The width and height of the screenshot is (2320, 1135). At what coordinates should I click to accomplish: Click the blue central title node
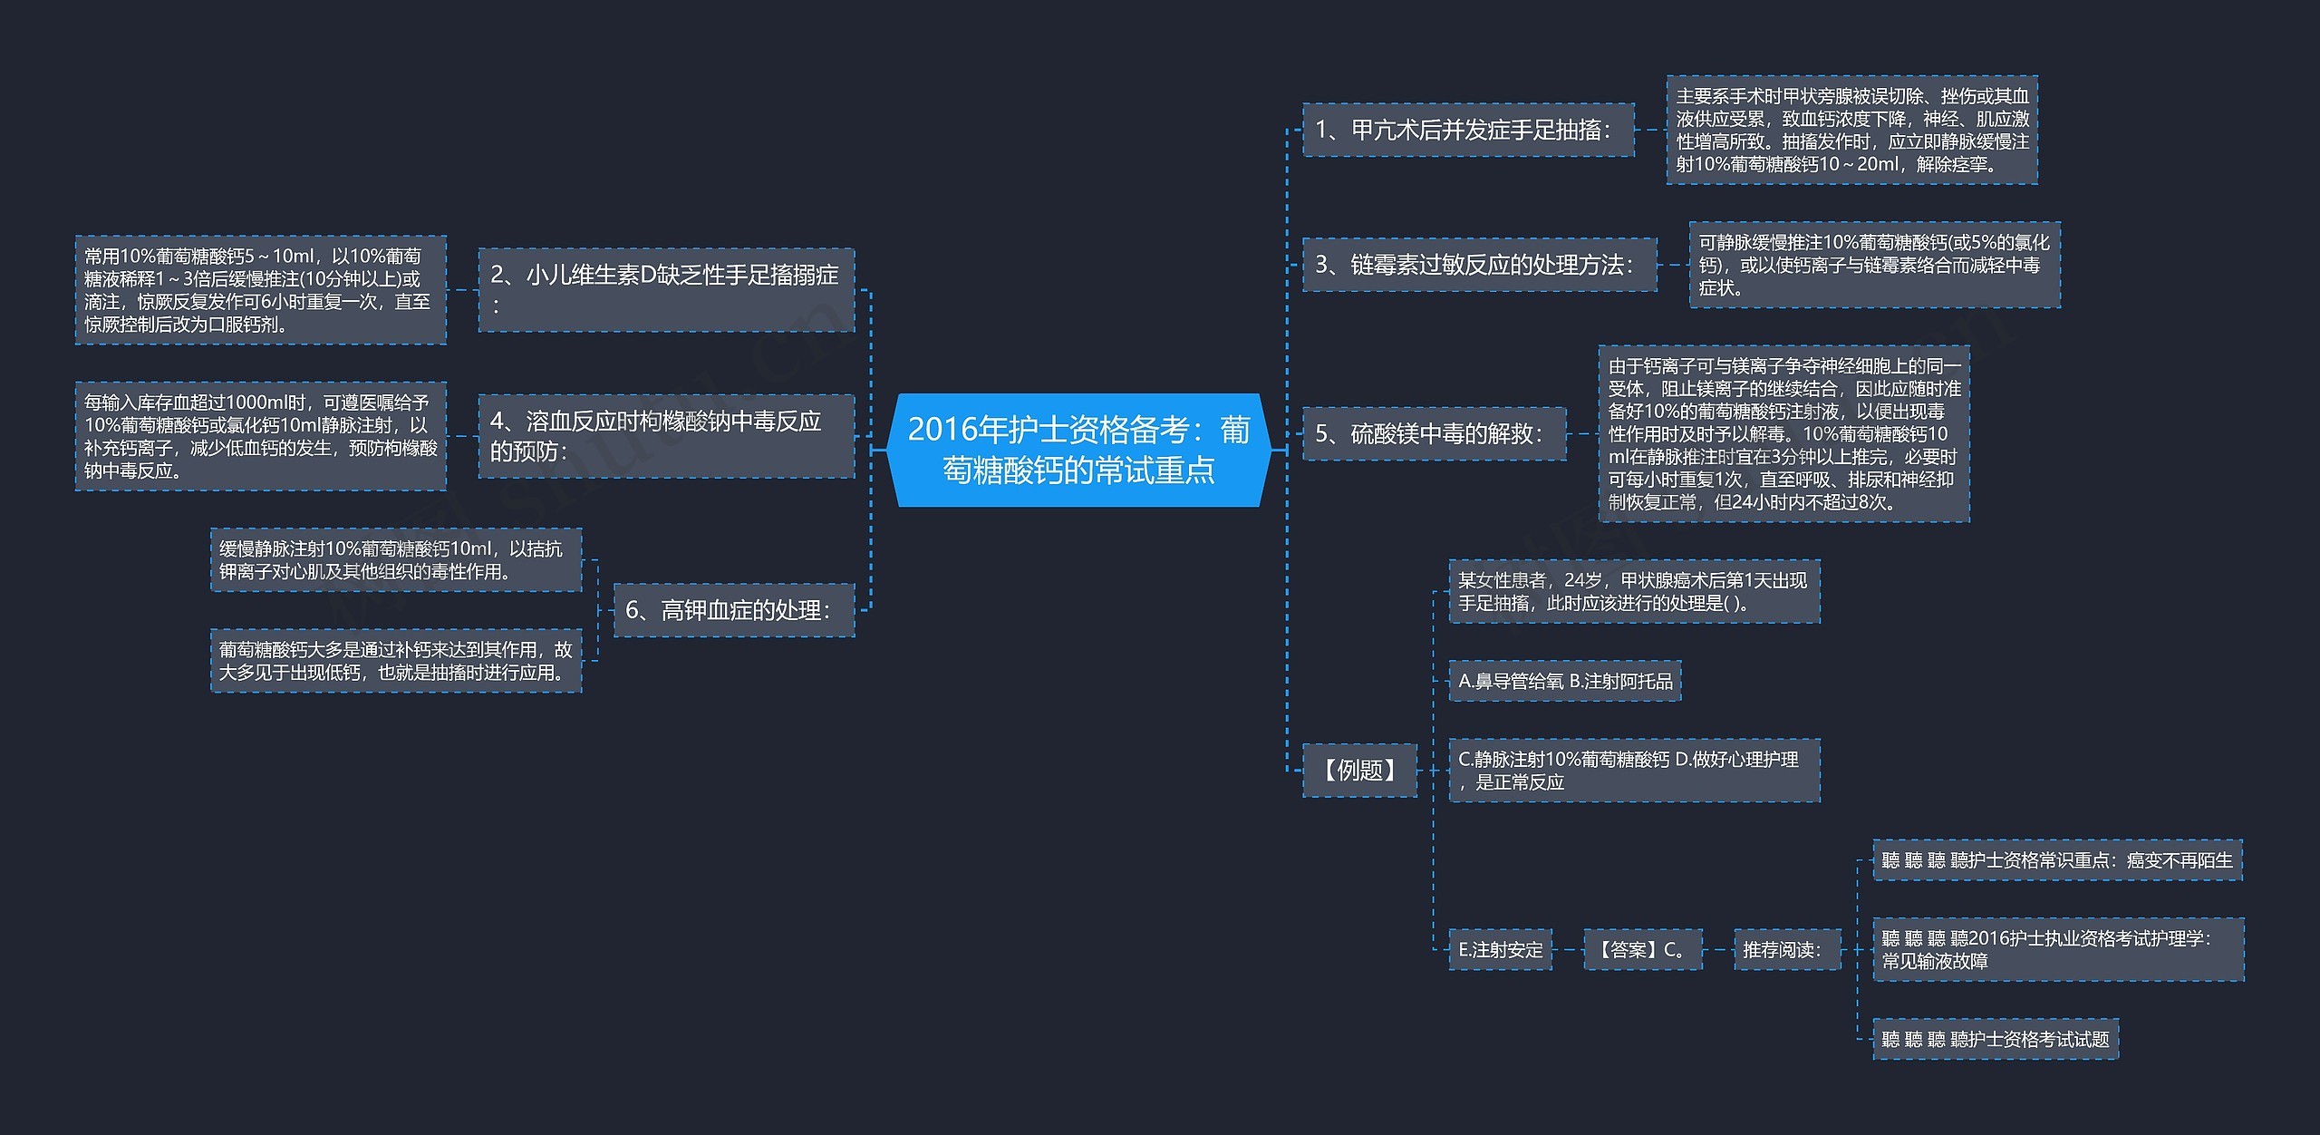click(1078, 450)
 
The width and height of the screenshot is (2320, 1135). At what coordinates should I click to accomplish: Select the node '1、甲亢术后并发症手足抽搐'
click(1468, 131)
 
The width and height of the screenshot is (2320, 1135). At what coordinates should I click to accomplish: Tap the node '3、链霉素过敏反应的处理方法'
click(1479, 265)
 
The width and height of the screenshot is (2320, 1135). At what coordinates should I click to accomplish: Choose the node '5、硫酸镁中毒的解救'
click(1434, 434)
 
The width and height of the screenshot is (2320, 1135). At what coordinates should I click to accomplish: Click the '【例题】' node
click(1359, 771)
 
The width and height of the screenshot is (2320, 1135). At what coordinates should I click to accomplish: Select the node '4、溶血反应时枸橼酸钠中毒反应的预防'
click(666, 436)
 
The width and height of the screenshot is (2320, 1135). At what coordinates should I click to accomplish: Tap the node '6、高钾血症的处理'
click(734, 610)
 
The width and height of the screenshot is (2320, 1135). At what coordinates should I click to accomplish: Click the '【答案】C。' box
click(1643, 950)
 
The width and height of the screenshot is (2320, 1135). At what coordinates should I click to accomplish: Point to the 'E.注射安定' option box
click(1500, 950)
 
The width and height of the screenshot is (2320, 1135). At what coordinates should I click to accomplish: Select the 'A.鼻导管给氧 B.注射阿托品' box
click(1565, 681)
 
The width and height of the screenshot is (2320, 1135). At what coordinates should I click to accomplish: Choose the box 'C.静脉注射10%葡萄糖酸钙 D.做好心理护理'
click(1634, 771)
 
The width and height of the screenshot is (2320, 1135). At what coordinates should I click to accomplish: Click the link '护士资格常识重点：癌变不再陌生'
click(2057, 860)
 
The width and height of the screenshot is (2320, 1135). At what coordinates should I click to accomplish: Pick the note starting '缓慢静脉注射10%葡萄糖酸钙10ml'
click(396, 560)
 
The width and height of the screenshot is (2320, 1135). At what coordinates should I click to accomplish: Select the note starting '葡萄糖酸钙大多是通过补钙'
click(396, 661)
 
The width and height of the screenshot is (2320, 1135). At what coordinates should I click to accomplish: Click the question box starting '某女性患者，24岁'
click(1634, 592)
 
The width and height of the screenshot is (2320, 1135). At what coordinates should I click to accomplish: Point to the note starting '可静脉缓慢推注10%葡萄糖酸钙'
click(1874, 265)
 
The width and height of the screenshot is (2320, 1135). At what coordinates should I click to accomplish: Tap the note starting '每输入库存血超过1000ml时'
click(261, 436)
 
